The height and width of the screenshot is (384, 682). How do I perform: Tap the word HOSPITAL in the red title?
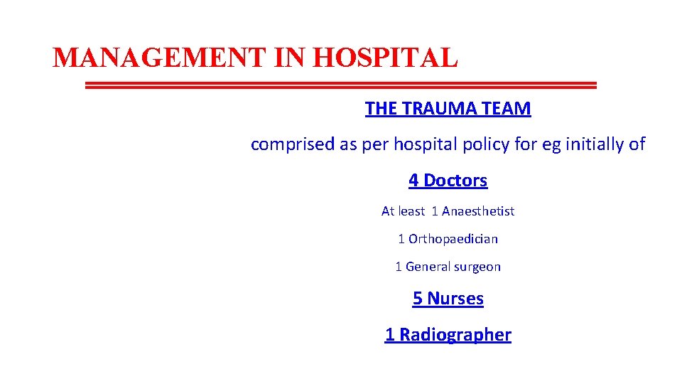(x=385, y=58)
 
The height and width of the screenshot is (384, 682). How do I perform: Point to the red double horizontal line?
(x=341, y=85)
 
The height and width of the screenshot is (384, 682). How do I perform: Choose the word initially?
(x=588, y=144)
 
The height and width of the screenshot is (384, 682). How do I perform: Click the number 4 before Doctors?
(x=413, y=181)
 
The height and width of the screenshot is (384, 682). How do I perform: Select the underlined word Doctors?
(x=455, y=181)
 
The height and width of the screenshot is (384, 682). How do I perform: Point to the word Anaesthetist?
(x=478, y=211)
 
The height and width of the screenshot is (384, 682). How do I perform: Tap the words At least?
(x=403, y=211)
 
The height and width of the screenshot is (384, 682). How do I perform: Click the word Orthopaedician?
(x=453, y=239)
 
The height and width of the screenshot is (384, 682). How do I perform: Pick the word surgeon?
(x=477, y=267)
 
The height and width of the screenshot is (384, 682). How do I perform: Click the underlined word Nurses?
(x=455, y=299)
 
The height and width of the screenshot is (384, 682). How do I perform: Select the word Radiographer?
(x=455, y=335)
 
